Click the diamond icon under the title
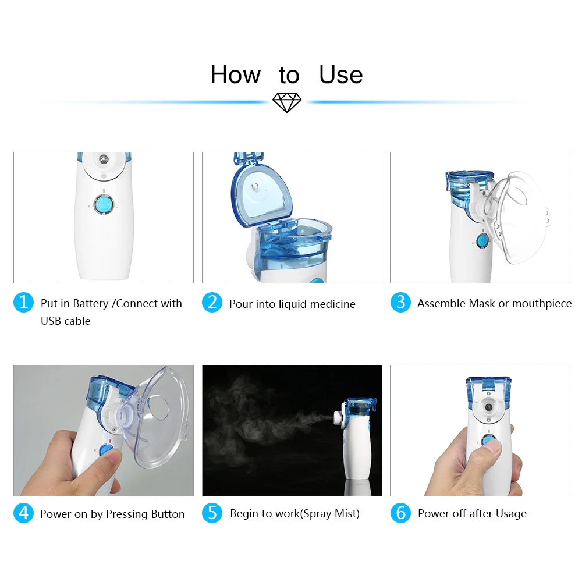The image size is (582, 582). (x=287, y=102)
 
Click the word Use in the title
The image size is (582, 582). (x=340, y=74)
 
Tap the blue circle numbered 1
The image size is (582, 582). (x=23, y=302)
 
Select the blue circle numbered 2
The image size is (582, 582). (x=212, y=302)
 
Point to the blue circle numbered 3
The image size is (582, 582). (x=400, y=302)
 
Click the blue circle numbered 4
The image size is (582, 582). (x=23, y=513)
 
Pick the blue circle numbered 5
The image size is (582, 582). (x=212, y=513)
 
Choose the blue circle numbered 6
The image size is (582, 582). (x=400, y=513)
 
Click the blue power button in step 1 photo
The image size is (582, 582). (x=103, y=204)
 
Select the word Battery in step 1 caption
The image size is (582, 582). (x=91, y=304)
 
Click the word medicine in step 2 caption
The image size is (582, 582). (x=332, y=304)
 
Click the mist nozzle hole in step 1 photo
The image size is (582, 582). (x=104, y=159)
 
